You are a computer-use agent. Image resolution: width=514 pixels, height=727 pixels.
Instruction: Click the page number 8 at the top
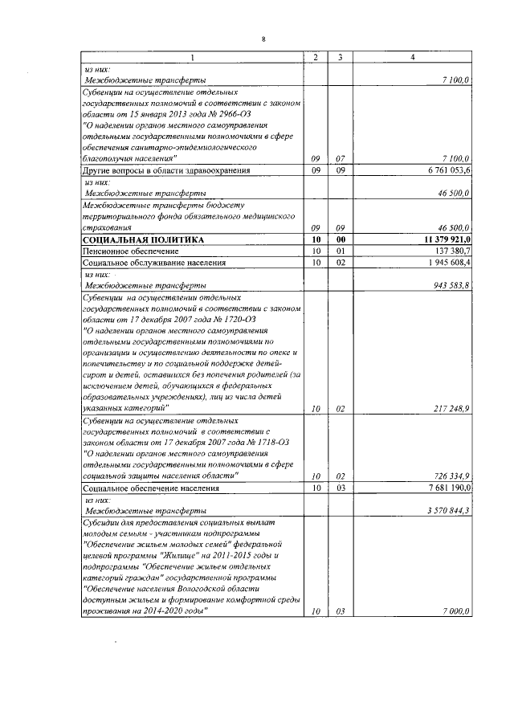point(263,38)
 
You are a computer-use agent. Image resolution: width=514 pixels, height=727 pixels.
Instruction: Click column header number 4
point(413,57)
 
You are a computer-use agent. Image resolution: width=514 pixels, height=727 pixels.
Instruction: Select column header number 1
point(191,57)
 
